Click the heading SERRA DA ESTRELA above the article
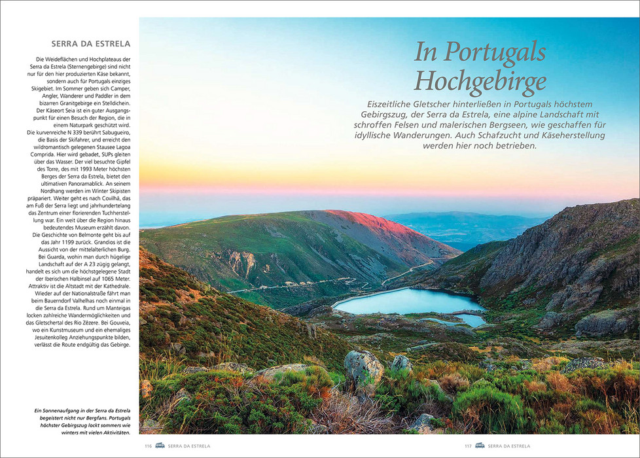coord(91,44)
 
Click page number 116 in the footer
coord(148,446)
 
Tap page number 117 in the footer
coord(468,446)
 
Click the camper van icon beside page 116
coord(160,446)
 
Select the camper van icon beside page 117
coord(480,446)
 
